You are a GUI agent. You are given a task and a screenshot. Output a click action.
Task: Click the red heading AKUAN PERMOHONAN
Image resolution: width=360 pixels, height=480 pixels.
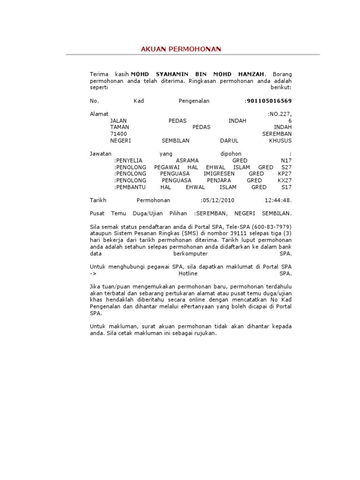click(x=181, y=49)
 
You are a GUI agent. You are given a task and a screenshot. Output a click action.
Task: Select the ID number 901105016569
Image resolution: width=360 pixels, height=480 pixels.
click(x=269, y=101)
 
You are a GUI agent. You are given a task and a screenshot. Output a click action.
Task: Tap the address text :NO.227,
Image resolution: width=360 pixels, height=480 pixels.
click(x=279, y=114)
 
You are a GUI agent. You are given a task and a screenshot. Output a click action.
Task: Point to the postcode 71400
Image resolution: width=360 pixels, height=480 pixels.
click(x=118, y=134)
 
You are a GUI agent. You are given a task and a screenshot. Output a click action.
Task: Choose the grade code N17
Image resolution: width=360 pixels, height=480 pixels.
click(x=285, y=160)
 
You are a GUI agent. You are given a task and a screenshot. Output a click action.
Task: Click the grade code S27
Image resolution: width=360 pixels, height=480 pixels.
click(x=286, y=167)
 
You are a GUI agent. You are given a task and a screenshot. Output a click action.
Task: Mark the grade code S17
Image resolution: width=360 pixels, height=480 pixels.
click(x=286, y=187)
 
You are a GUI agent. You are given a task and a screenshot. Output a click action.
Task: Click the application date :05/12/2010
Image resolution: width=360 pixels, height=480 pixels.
click(x=217, y=200)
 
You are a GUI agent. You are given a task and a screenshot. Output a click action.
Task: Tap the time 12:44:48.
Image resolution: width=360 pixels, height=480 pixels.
click(x=278, y=200)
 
